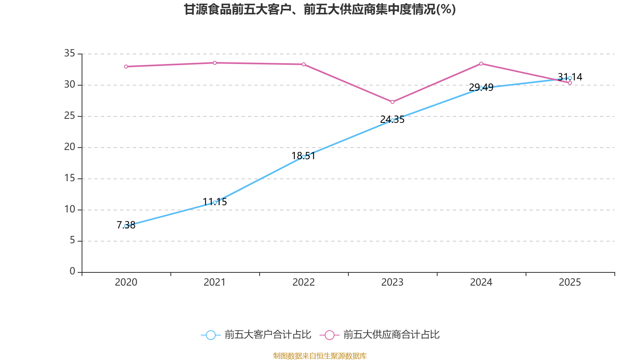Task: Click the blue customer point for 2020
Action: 126,226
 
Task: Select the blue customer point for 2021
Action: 215,202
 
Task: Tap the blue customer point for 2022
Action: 304,156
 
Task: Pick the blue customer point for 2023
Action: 392,120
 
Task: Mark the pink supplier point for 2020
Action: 126,66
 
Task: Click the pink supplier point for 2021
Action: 215,63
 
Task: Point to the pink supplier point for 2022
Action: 304,64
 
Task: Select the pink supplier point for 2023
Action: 392,102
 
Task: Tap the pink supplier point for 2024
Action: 481,64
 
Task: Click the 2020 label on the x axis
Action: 126,282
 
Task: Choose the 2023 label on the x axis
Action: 392,282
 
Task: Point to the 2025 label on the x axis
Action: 570,282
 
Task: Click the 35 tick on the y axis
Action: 70,53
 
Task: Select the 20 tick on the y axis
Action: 70,147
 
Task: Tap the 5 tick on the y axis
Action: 72,240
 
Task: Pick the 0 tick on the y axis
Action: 72,272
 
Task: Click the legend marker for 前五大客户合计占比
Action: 210,335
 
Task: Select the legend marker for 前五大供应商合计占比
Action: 329,335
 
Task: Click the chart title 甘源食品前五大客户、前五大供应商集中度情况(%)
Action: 320,9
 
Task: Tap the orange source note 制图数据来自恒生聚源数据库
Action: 320,356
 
